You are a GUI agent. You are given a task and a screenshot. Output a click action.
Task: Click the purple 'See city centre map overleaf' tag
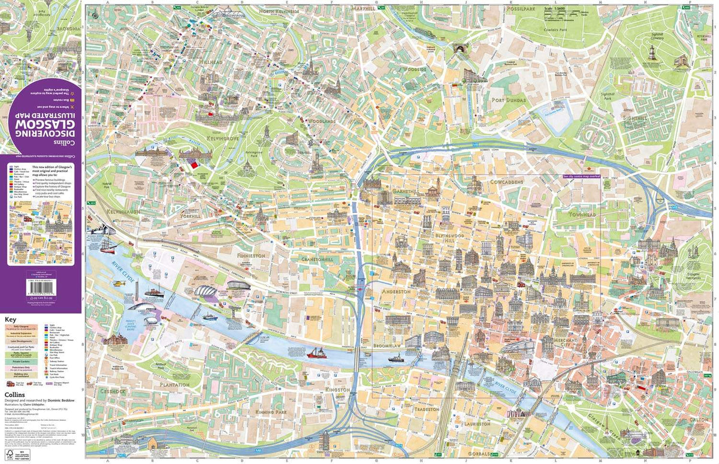581,177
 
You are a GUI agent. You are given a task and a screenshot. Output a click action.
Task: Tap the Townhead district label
574,213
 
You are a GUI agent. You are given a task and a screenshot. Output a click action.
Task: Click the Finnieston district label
251,255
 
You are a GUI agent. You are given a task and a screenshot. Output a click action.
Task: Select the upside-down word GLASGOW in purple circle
40,123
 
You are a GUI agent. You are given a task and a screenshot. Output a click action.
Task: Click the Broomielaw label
389,347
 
